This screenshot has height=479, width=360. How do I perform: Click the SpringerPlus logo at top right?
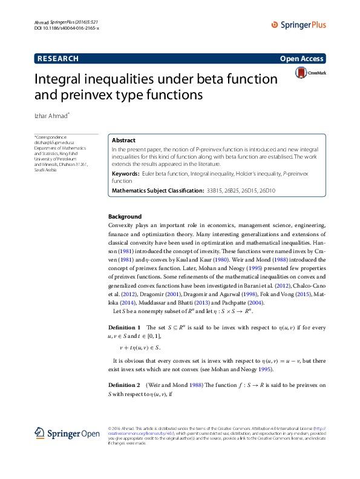tap(298, 25)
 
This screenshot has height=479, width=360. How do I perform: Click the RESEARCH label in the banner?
tap(58, 59)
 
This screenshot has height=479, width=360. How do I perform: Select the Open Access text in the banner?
tap(302, 59)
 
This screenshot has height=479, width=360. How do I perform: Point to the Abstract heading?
tap(124, 140)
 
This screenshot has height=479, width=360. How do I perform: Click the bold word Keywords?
tap(128, 174)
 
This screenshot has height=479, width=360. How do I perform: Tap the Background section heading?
tap(125, 216)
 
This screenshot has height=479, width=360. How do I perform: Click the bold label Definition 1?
tap(125, 328)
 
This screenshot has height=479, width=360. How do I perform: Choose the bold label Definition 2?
tap(125, 385)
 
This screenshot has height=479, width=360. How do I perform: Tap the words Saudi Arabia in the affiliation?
tap(45, 170)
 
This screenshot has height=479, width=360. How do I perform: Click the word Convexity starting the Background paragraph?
tap(122, 225)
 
